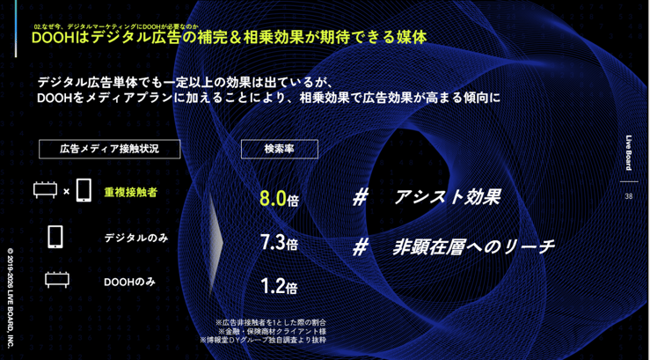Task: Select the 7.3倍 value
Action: [279, 243]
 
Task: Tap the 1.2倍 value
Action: [279, 286]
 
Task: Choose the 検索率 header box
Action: [279, 149]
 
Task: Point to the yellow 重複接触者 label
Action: [130, 192]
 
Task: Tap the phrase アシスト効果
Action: [447, 197]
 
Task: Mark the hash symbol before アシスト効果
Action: [360, 197]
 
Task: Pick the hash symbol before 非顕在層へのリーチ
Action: [360, 247]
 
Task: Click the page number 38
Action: [628, 196]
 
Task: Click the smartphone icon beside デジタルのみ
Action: [55, 237]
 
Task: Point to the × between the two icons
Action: [67, 191]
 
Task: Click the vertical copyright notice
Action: [11, 291]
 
